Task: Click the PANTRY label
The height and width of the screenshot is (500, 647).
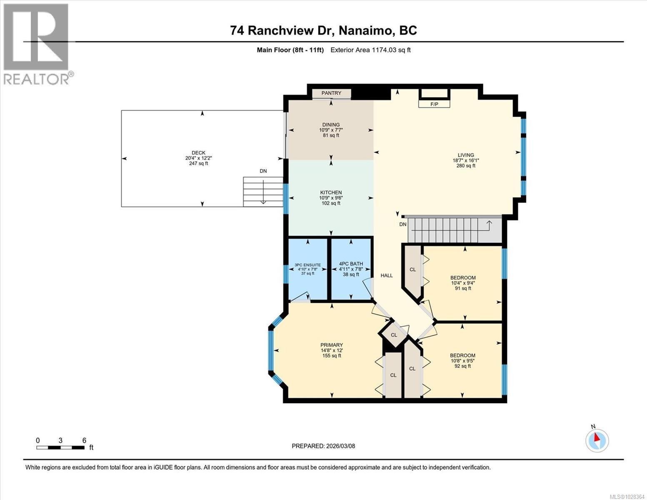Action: tap(331, 93)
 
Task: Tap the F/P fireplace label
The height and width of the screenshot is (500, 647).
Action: tap(434, 104)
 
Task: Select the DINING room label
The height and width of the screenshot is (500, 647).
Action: tap(331, 125)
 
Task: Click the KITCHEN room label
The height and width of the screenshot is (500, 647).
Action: tap(331, 192)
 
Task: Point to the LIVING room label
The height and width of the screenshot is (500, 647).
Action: tap(466, 155)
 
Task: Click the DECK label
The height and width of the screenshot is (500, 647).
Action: tap(198, 153)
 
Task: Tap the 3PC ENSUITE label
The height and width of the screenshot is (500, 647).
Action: tap(307, 265)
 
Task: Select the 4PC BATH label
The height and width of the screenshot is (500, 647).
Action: tap(351, 264)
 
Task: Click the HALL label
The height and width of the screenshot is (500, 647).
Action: tap(387, 275)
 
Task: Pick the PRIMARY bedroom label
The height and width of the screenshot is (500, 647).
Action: tap(332, 345)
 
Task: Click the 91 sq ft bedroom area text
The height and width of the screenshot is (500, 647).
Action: tap(463, 288)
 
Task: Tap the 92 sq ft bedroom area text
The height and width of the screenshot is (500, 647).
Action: tap(462, 366)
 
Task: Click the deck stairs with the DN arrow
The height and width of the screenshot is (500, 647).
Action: tap(263, 191)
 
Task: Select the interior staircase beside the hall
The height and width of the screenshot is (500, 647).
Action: tap(450, 230)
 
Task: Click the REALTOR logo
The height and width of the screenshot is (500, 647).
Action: tap(37, 43)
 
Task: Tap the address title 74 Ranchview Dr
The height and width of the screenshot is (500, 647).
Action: tap(323, 30)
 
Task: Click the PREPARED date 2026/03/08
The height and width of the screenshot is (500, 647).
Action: tap(323, 446)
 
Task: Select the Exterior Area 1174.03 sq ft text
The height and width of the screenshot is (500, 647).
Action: tap(370, 50)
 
